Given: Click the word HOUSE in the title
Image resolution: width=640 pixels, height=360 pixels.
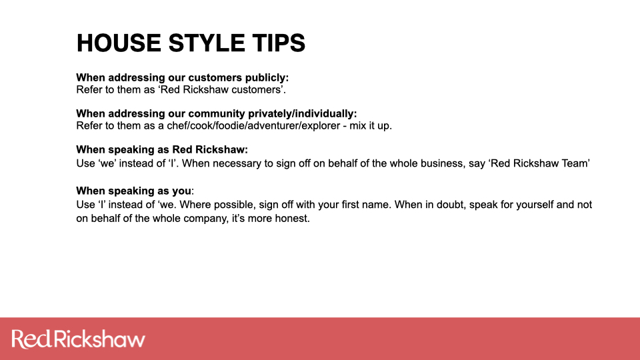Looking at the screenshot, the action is pos(119,43).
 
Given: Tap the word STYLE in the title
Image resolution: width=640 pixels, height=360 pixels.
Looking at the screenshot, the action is pos(206,43).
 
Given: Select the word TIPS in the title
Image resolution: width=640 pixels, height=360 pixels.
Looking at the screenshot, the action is pos(279,43).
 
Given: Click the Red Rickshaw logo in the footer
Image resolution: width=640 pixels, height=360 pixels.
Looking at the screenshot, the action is pos(79,339).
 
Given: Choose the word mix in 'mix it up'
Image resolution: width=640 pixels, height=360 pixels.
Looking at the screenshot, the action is pos(357,126).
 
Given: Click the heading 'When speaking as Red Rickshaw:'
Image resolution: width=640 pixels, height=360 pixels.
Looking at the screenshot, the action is pos(162,150).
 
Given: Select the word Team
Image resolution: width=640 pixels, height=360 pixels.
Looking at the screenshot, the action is pos(575,163).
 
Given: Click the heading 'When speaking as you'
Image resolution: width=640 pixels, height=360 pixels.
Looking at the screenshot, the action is pos(133,191).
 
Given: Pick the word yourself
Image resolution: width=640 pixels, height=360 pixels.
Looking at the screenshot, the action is pos(535,205).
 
